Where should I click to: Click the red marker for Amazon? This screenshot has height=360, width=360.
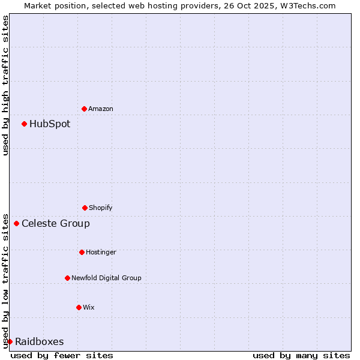(84, 109)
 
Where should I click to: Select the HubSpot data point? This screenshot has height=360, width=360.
(24, 124)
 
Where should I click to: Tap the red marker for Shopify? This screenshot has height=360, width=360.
(85, 208)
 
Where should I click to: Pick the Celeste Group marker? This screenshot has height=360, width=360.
(16, 224)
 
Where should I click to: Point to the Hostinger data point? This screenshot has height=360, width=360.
(82, 252)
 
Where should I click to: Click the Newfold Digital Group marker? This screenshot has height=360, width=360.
(67, 278)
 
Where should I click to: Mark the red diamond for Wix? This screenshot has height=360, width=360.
(79, 307)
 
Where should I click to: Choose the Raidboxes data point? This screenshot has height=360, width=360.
(10, 342)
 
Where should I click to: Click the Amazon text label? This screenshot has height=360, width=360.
(101, 109)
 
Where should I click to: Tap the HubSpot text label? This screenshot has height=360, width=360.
(50, 124)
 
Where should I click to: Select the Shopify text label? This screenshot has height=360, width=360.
(101, 208)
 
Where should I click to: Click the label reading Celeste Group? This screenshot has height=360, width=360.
(56, 224)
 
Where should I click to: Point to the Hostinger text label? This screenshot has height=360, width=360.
(101, 252)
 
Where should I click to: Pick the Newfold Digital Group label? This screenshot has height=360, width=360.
(106, 278)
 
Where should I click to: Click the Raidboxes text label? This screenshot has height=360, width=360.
(40, 342)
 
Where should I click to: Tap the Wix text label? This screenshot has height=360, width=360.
(89, 307)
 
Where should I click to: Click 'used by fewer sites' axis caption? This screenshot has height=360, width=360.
(62, 355)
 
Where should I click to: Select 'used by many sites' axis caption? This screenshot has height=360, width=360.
(301, 355)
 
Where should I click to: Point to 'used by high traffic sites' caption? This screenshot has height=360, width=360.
(5, 85)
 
